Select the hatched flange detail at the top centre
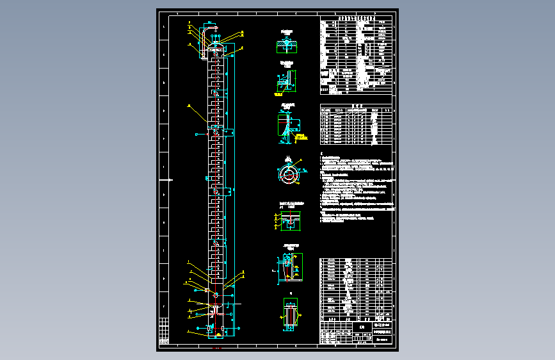[287, 45]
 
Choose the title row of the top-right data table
[356, 19]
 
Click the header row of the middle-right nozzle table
[356, 109]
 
